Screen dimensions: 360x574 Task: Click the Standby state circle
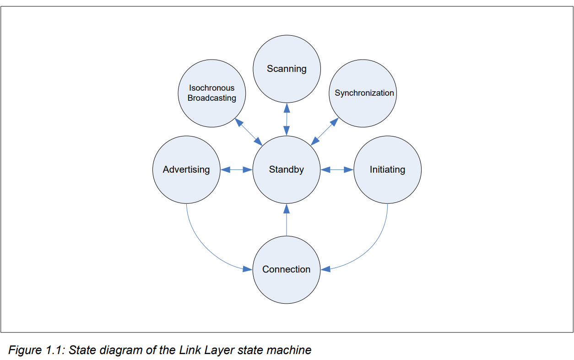pyautogui.click(x=287, y=170)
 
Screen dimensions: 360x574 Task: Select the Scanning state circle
pyautogui.click(x=287, y=69)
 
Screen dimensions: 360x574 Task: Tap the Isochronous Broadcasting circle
pyautogui.click(x=212, y=93)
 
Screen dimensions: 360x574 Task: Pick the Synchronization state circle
pyautogui.click(x=364, y=93)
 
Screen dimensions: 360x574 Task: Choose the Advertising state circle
pyautogui.click(x=186, y=170)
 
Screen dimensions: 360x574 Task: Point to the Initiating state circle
pyautogui.click(x=387, y=170)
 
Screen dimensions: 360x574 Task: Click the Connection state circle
pyautogui.click(x=287, y=270)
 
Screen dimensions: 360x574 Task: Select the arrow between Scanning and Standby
pyautogui.click(x=287, y=119)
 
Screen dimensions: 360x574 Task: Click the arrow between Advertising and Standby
pyautogui.click(x=237, y=170)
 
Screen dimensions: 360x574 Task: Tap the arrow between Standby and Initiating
pyautogui.click(x=337, y=170)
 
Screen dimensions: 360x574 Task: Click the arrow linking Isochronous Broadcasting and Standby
pyautogui.click(x=249, y=131)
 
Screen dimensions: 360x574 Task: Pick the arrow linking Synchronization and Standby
pyautogui.click(x=325, y=131)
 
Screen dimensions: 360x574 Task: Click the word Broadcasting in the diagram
pyautogui.click(x=212, y=98)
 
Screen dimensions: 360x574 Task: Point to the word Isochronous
pyautogui.click(x=212, y=88)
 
